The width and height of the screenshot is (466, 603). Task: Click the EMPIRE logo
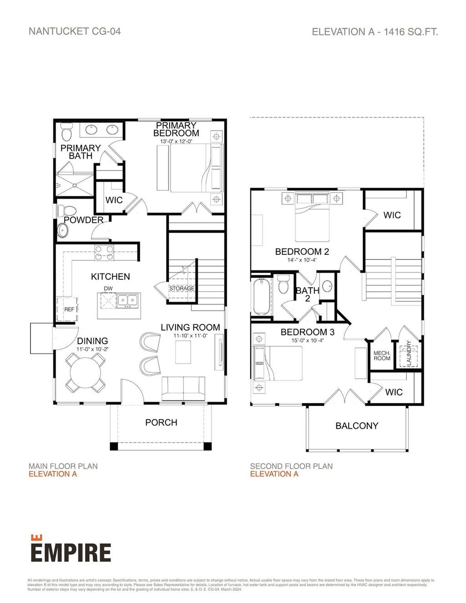coord(71,550)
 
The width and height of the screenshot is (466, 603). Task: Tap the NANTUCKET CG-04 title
coord(75,31)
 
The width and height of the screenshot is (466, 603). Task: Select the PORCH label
coord(161,422)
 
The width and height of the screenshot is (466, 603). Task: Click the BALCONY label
coord(357,426)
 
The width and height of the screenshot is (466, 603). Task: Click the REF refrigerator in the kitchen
coord(67,309)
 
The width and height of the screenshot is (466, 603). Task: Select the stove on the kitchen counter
coord(104,252)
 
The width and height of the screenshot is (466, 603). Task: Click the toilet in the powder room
coord(70,211)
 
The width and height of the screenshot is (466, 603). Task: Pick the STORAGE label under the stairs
coord(182,289)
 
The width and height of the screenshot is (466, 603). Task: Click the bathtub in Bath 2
coord(261,296)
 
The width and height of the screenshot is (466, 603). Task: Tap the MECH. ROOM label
coord(382,355)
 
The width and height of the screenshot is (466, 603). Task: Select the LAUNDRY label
coord(408,353)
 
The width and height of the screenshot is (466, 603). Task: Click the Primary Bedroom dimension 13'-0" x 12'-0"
coord(176,142)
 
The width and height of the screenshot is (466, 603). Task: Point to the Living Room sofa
coord(183,388)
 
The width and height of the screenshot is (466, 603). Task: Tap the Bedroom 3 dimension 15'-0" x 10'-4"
coord(307,340)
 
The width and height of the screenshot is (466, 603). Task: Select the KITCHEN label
coord(110,277)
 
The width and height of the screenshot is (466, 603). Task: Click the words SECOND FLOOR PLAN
coord(291,466)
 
